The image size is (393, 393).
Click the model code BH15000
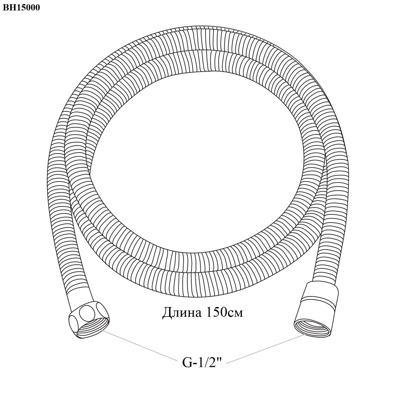click(21, 8)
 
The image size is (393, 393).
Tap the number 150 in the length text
click(216, 312)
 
